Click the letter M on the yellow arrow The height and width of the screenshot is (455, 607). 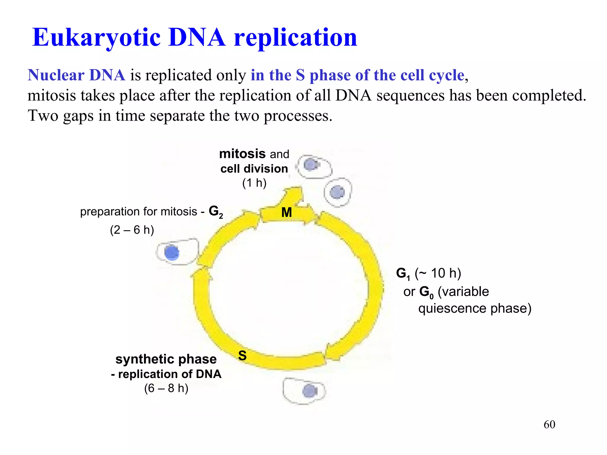coord(286,212)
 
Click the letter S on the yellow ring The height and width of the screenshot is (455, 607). coord(242,355)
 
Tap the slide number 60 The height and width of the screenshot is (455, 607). coord(549,424)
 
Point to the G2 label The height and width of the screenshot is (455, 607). coord(215,212)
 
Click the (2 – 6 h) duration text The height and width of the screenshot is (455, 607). coord(132,230)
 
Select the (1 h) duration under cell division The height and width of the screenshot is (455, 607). coord(254,183)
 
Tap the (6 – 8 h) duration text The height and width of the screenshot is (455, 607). coord(166,388)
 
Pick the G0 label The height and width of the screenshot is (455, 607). coord(427,292)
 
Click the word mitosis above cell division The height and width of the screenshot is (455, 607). coord(242,154)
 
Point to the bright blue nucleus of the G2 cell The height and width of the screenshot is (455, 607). coord(172,253)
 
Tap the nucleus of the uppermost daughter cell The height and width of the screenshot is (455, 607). coord(310,164)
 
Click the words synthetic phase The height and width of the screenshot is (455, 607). coord(166,359)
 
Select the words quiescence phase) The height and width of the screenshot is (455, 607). coord(475,308)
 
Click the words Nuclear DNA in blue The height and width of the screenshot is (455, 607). coord(76,75)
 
